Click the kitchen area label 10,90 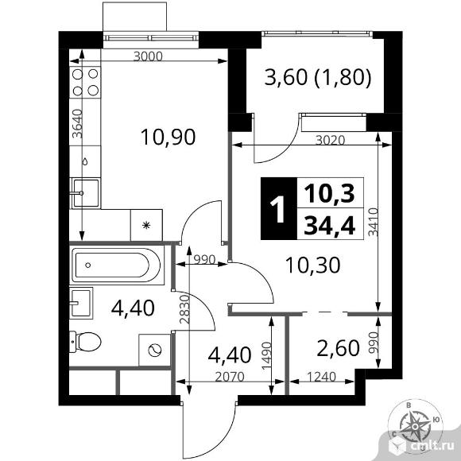169,138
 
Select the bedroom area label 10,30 313,265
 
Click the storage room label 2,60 338,348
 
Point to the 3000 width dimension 148,56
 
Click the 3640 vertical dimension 78,123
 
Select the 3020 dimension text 330,140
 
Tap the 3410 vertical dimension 373,222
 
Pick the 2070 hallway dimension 230,377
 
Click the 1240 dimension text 321,377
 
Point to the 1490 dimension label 267,356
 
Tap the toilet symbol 85,342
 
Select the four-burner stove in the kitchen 85,83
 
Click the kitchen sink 85,193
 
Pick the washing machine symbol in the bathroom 155,350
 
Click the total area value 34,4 330,225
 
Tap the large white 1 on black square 278,209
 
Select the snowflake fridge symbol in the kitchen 146,225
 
